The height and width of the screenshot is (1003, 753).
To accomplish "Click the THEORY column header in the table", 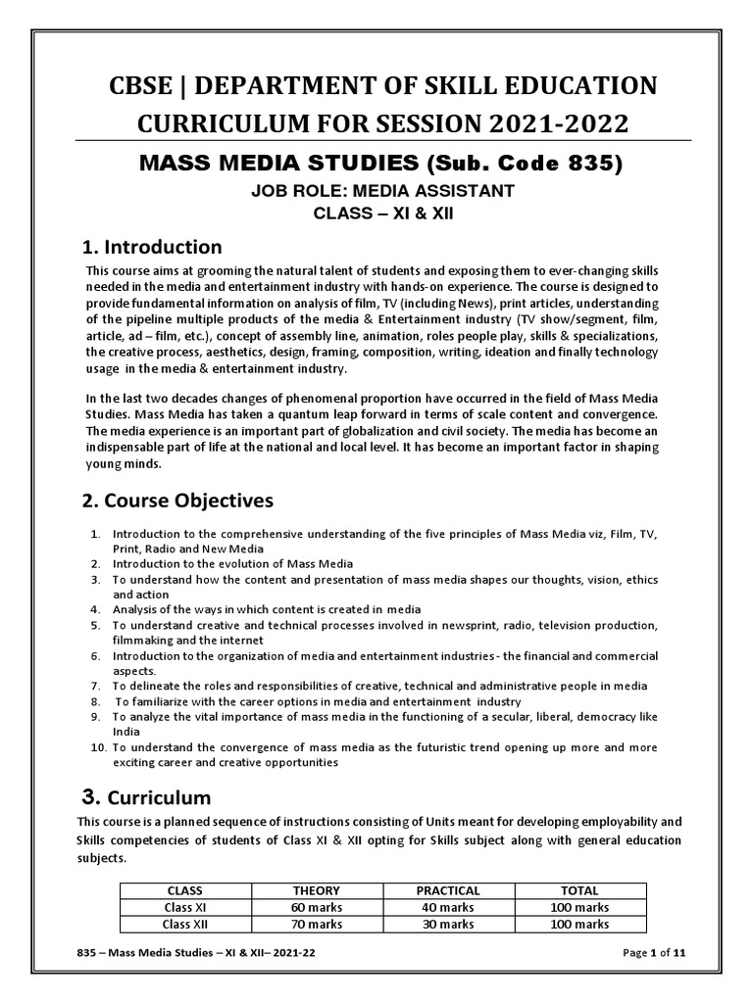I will pos(317,890).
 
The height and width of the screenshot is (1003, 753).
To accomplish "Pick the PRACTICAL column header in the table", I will pos(448,890).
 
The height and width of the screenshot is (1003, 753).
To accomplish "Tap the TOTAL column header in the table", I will pos(580,890).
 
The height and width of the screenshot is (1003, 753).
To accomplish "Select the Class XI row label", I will pos(185,907).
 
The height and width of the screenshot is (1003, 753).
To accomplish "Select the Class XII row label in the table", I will pos(185,924).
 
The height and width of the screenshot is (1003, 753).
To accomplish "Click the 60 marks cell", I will pos(317,907).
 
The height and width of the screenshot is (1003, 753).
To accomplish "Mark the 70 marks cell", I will pos(317,924).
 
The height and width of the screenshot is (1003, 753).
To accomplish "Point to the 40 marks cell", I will pos(448,907).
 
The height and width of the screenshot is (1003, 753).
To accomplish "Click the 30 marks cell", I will pos(448,924).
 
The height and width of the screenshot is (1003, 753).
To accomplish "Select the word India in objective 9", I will pos(126,731).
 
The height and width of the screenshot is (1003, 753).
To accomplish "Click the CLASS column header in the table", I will pos(185,890).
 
